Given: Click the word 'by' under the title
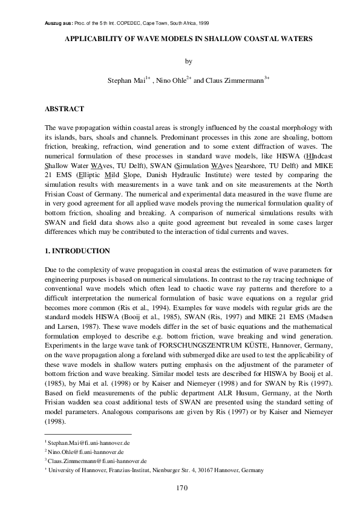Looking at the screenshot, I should pyautogui.click(x=187, y=61).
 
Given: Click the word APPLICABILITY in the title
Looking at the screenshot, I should pyautogui.click(x=91, y=38).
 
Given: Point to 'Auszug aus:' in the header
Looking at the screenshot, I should pyautogui.click(x=59, y=23).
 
